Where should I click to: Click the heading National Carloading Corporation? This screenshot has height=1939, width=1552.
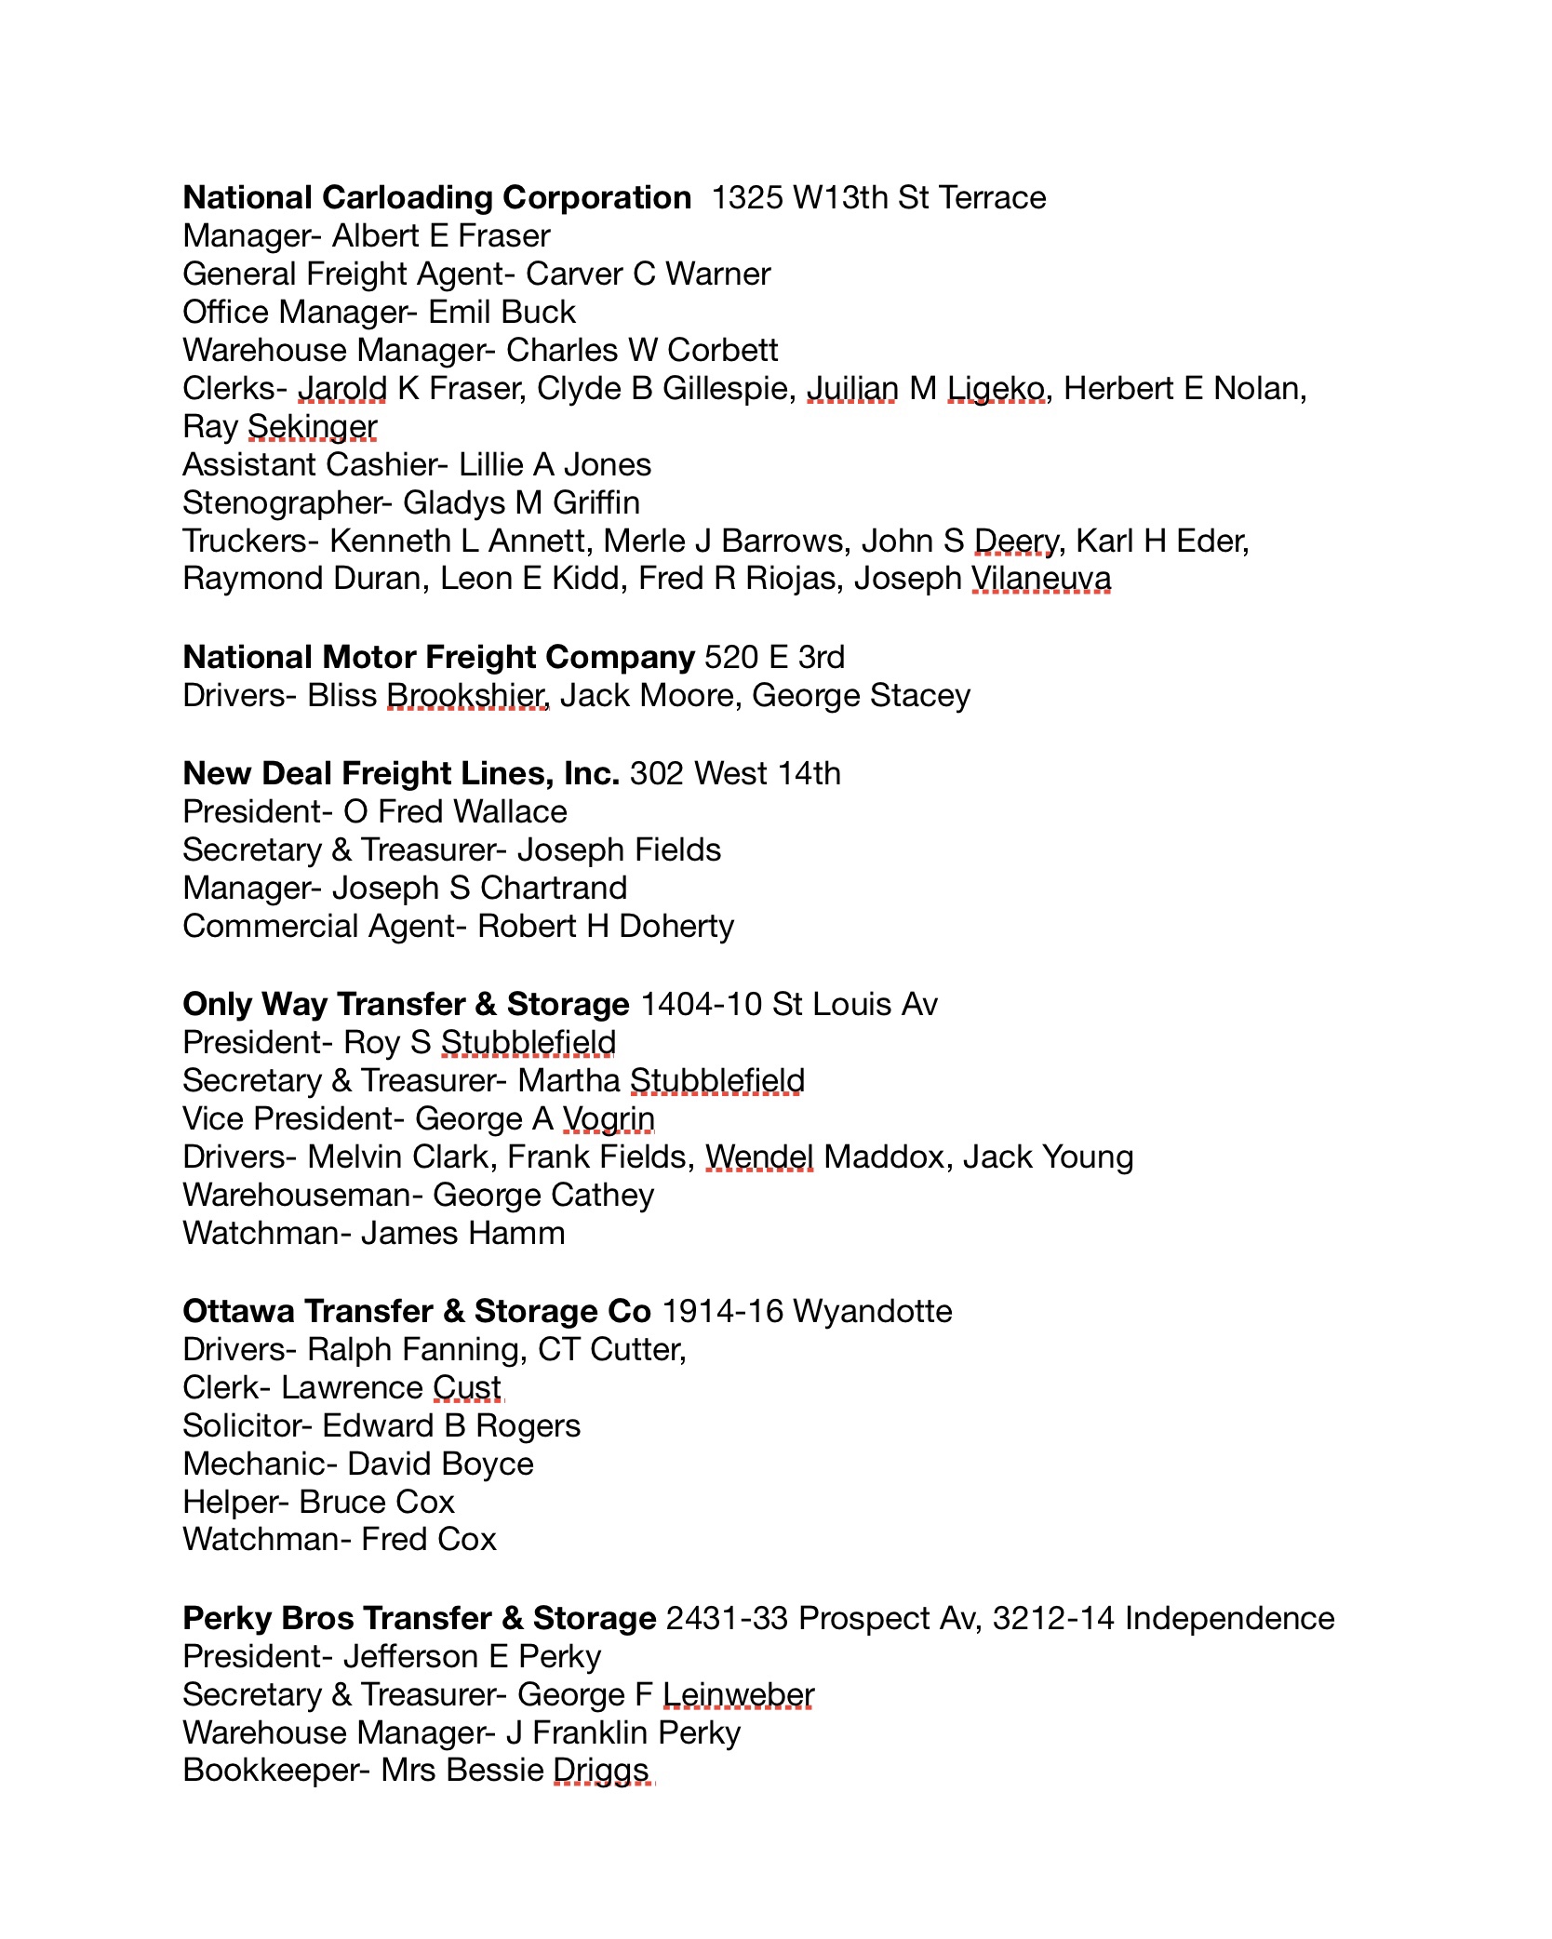pos(436,198)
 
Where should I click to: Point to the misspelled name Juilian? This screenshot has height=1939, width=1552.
pos(851,389)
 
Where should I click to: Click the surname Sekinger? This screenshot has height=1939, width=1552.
pos(312,427)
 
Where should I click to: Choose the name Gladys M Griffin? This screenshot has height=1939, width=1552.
pos(521,503)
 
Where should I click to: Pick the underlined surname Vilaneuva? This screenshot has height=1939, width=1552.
pos(1041,579)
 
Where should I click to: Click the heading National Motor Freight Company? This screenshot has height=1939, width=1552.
pos(438,658)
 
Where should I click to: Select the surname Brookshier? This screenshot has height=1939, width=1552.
pos(466,696)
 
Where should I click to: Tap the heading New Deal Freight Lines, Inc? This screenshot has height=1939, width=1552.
pos(401,774)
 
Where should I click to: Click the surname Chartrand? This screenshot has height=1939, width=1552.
pos(554,889)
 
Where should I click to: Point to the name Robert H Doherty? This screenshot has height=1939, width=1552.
pos(606,927)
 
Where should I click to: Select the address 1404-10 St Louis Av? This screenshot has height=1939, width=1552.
pos(789,1005)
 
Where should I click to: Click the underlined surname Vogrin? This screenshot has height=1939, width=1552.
pos(609,1119)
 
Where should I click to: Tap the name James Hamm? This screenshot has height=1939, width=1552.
pos(462,1234)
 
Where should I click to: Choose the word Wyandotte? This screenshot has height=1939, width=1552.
pos(873,1312)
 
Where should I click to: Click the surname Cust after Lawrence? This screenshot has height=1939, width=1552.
pos(467,1388)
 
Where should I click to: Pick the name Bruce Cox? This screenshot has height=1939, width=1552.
pos(377,1503)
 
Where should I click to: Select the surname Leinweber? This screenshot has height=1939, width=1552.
pos(738,1695)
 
